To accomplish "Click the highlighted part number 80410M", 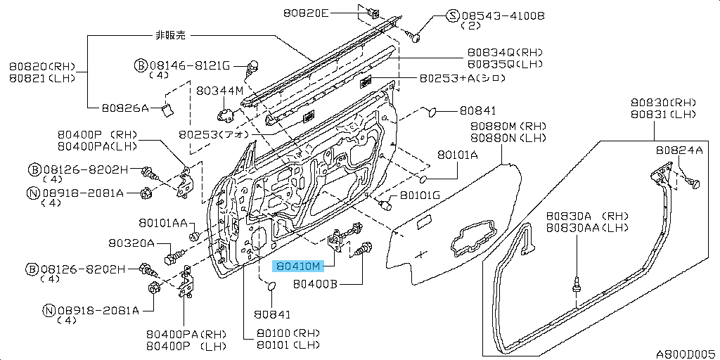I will tap(298, 266).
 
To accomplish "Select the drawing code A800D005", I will tap(686, 354).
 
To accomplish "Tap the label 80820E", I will tap(307, 13).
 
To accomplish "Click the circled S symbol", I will tap(453, 15).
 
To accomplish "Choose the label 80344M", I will tap(219, 91).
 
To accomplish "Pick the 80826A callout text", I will tap(125, 108).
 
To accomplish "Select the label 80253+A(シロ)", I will tap(462, 79).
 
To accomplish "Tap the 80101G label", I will tap(420, 195).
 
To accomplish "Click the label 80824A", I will tap(679, 150).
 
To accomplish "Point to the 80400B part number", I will tap(316, 285).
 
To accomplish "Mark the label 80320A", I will tap(131, 243).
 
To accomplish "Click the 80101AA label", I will tap(162, 223).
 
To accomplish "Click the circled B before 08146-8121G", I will tap(141, 65).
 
